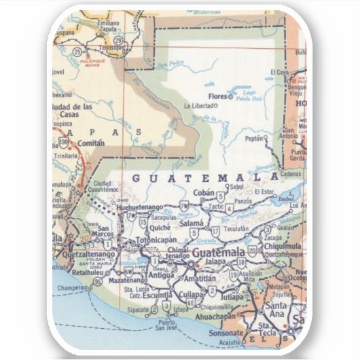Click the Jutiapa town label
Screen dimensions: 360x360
(232, 295)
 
